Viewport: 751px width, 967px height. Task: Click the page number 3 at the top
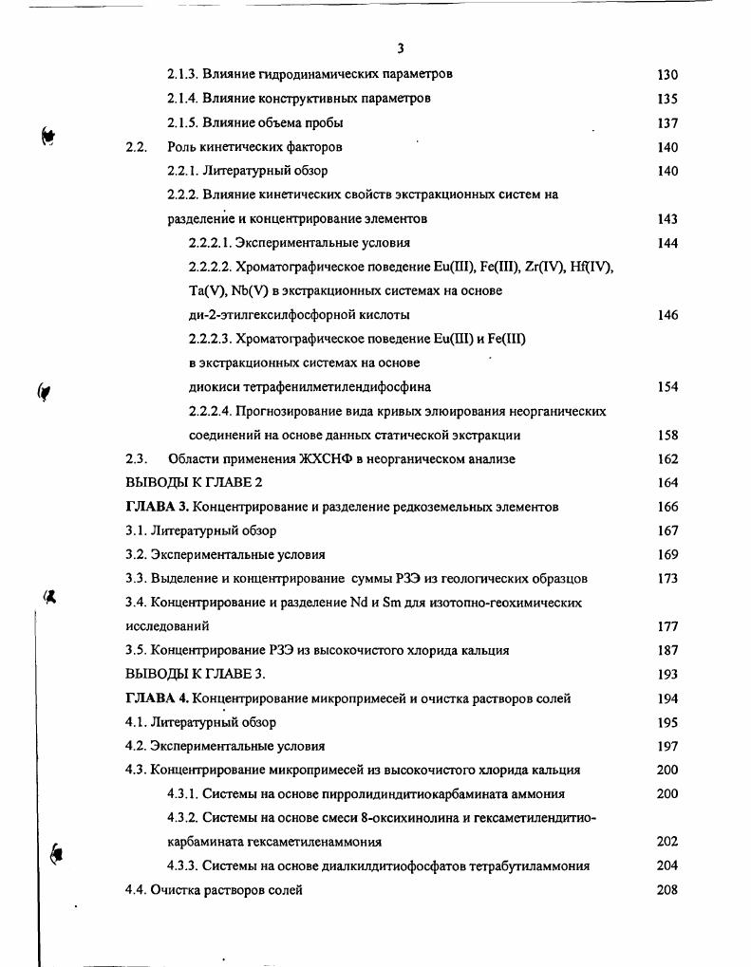click(x=401, y=48)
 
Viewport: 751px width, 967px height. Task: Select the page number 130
click(x=667, y=74)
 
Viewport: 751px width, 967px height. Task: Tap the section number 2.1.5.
click(x=183, y=122)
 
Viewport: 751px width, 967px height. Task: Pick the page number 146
click(x=667, y=315)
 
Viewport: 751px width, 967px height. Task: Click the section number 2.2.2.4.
click(x=210, y=411)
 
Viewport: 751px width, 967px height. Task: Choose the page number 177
click(x=667, y=626)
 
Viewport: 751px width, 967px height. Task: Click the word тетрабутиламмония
click(x=535, y=865)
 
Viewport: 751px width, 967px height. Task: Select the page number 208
click(x=667, y=890)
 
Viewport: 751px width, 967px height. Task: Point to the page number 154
click(x=667, y=387)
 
